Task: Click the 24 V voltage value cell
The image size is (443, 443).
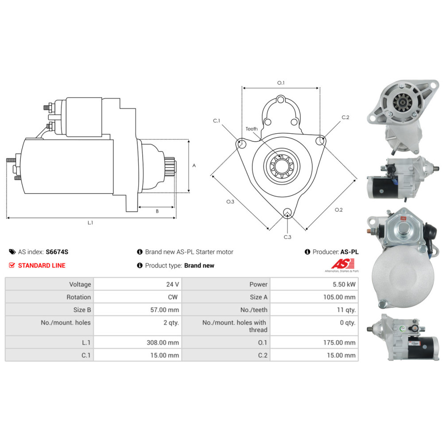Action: coord(172,284)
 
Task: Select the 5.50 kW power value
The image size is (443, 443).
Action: coord(344,284)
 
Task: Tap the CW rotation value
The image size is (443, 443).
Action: coord(173,297)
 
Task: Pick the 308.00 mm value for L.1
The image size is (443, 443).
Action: coord(163,342)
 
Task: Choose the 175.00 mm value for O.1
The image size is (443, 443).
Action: coord(339,342)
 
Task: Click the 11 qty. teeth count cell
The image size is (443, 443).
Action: coord(346,310)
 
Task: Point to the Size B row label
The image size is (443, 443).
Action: coord(82,310)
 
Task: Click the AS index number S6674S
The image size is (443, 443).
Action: coord(57,252)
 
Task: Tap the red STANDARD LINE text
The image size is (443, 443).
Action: coord(42,265)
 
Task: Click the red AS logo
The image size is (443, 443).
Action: coord(343,264)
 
